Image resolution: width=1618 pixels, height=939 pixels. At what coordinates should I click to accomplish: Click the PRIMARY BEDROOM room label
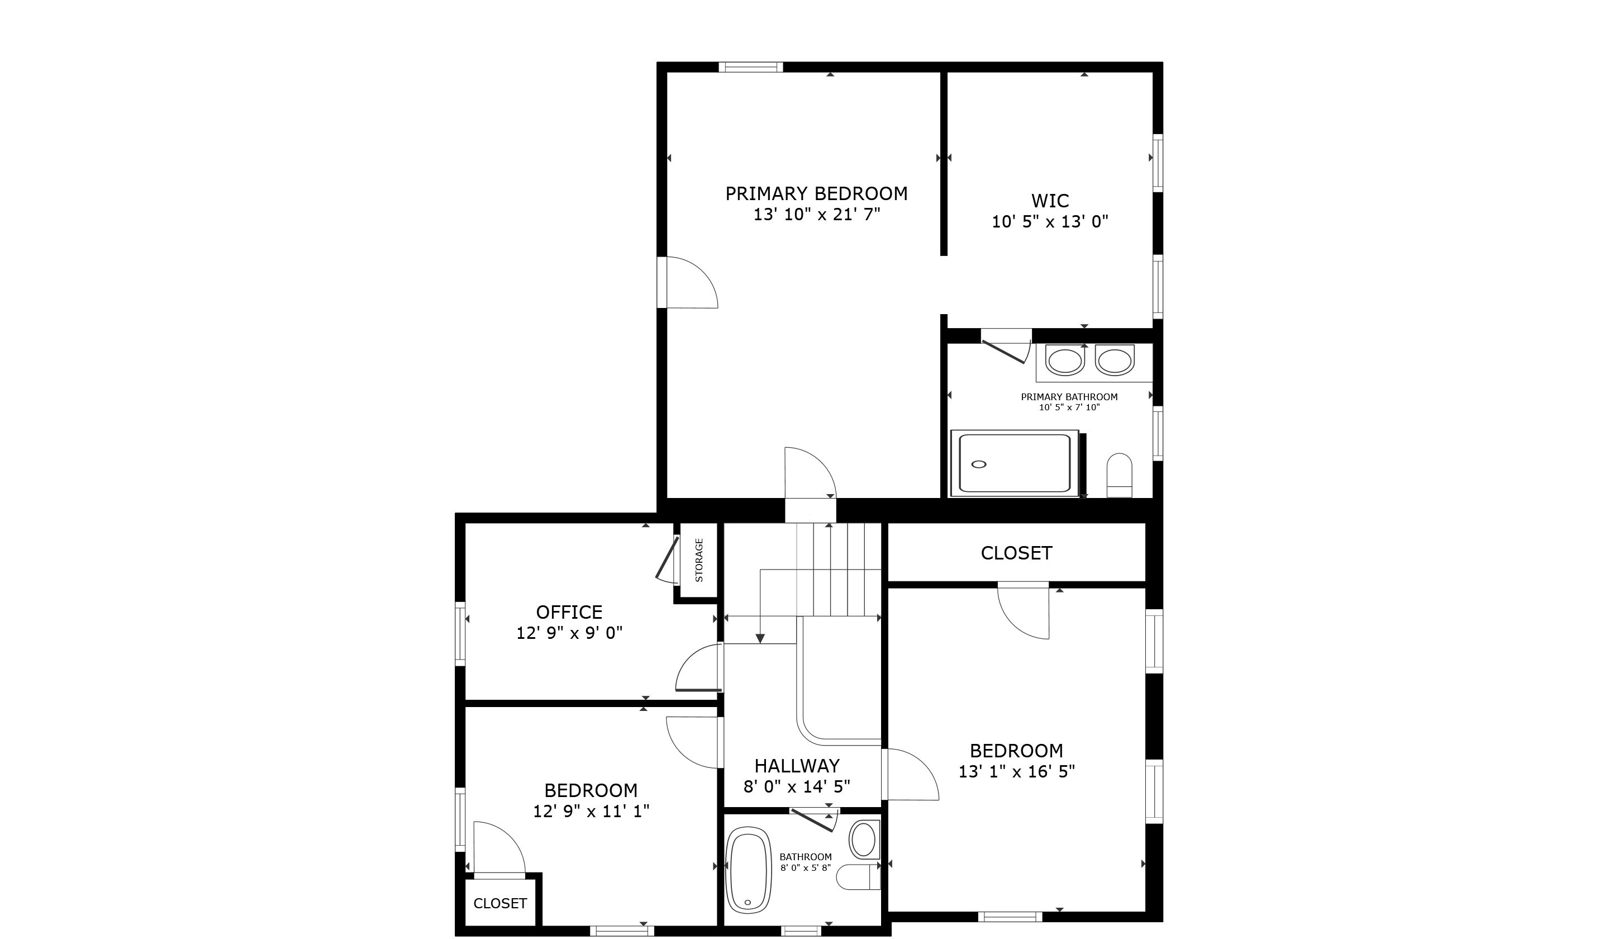(x=816, y=193)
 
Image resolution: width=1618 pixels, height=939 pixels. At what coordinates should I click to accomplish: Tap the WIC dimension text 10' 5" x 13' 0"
(x=1050, y=221)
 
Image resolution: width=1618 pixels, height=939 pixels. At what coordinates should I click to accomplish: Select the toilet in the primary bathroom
(x=1119, y=475)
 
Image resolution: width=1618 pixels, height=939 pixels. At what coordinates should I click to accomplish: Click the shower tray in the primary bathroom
(x=1015, y=464)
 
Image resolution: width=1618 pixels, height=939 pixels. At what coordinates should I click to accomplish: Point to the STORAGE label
(x=698, y=560)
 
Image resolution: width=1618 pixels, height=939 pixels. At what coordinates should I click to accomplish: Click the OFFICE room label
(x=569, y=612)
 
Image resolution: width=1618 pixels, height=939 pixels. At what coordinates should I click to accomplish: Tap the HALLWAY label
(x=797, y=766)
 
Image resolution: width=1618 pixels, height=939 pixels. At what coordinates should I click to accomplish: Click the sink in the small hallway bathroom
(x=864, y=840)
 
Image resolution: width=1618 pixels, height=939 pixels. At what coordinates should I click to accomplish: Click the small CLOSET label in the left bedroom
(x=500, y=903)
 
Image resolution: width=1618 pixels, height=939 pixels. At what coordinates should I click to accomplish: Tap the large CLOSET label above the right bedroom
(x=1016, y=553)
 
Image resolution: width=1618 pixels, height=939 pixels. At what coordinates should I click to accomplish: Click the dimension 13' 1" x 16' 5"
(x=1016, y=771)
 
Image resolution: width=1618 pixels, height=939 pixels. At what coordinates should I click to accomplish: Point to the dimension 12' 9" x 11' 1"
(x=591, y=811)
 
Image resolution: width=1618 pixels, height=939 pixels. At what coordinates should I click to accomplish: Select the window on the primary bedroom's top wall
(x=750, y=67)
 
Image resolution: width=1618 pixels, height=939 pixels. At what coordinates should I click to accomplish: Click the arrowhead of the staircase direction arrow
(x=760, y=638)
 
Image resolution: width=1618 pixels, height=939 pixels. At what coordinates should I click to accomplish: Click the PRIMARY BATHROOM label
(x=1069, y=397)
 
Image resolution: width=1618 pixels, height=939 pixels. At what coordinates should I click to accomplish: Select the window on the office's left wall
(x=460, y=634)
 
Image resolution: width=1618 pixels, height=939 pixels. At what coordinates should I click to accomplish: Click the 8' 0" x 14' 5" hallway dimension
(x=797, y=786)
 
